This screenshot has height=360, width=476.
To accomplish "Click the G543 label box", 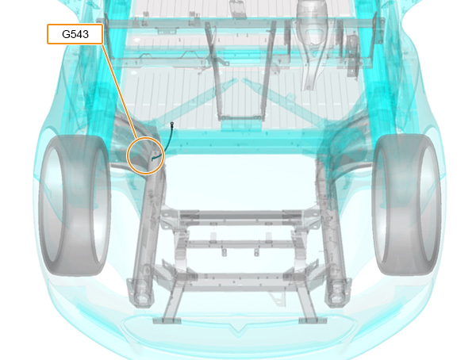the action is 75,34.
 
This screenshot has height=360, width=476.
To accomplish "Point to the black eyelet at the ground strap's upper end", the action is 172,124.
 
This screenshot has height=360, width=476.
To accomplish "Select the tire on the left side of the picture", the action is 75,205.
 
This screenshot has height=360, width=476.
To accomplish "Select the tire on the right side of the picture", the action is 406,205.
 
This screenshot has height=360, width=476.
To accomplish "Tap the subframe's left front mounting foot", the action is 167,320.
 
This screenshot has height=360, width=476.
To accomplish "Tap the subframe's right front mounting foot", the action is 313,320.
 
